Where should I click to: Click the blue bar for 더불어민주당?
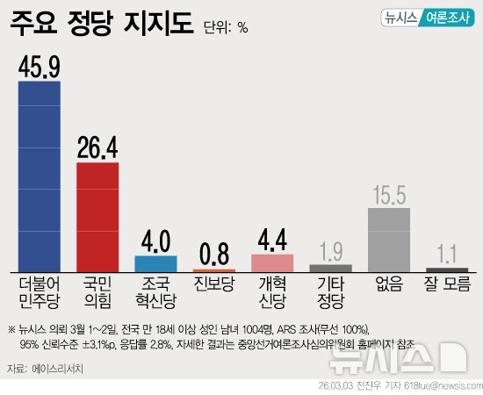pyautogui.click(x=40, y=176)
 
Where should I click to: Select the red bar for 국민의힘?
pyautogui.click(x=97, y=217)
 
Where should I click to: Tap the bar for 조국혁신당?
pyautogui.click(x=155, y=263)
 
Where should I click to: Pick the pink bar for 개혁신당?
pyautogui.click(x=272, y=262)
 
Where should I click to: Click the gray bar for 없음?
pyautogui.click(x=389, y=240)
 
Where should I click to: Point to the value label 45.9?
pyautogui.click(x=40, y=65)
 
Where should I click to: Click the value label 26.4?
pyautogui.click(x=97, y=147)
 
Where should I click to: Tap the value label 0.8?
pyautogui.click(x=214, y=254)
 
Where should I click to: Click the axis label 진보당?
pyautogui.click(x=214, y=284)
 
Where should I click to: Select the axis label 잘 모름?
pyautogui.click(x=447, y=284)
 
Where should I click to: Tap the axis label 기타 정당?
pyautogui.click(x=331, y=292)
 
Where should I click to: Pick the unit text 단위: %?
pyautogui.click(x=226, y=27)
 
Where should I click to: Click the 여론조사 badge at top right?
pyautogui.click(x=446, y=18)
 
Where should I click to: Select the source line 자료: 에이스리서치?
pyautogui.click(x=49, y=368)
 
